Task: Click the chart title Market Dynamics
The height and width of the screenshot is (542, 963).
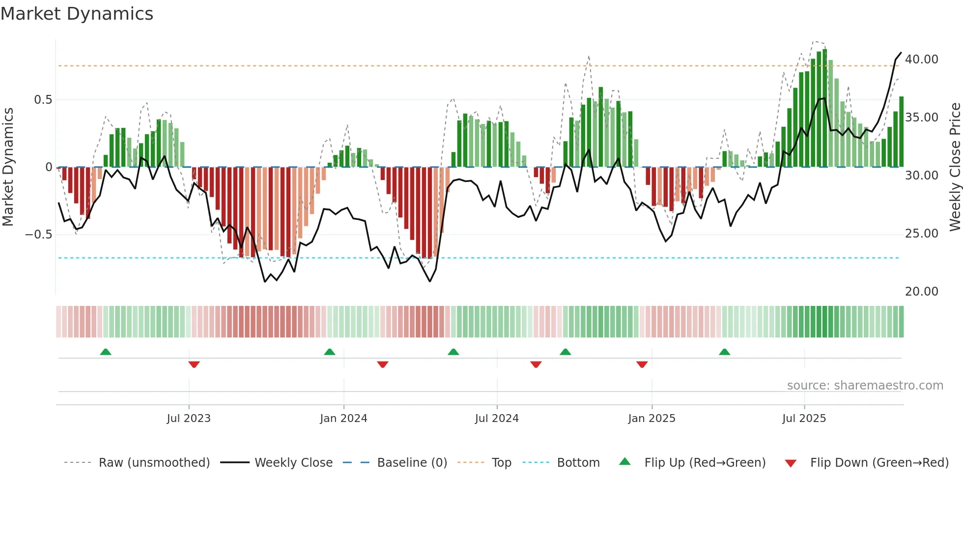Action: pos(77,14)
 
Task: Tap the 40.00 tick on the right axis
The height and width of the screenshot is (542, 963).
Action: pos(921,60)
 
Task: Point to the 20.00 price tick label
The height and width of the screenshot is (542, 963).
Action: pos(921,292)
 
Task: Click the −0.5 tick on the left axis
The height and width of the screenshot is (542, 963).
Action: pos(38,235)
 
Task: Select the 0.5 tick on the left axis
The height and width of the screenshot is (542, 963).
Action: pos(43,100)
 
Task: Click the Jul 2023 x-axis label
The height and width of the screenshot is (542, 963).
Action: pos(189,419)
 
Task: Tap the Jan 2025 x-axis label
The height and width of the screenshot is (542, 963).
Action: pos(651,419)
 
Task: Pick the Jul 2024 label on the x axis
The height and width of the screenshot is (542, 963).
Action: pos(497,419)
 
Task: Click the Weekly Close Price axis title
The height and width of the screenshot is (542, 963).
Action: pos(955,167)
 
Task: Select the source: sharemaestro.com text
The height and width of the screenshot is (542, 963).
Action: pos(865,386)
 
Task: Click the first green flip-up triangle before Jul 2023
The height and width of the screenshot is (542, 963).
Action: pos(106,352)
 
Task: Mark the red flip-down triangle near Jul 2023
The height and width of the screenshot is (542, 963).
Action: pos(194,364)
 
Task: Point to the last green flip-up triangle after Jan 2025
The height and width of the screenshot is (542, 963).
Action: pos(724,352)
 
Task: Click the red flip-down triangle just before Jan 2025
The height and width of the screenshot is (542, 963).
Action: pos(642,364)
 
